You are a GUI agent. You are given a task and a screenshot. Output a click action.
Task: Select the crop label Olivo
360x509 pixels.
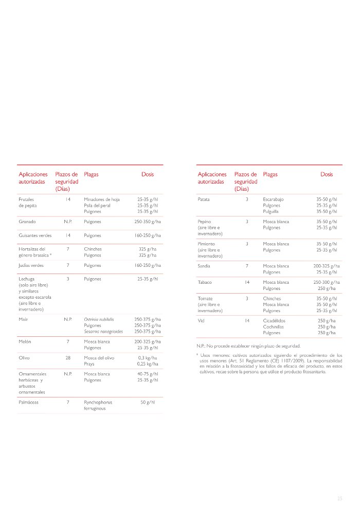24,357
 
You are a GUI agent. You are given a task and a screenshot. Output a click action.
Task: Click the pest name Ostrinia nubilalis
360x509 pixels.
99,319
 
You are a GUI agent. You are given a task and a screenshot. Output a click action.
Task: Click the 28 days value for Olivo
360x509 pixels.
67,357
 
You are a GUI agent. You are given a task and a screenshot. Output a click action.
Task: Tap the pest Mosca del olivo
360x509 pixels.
99,357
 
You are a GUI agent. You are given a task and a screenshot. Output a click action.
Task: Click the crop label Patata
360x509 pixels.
204,199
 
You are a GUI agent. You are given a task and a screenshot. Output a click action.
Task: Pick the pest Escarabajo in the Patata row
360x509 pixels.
273,199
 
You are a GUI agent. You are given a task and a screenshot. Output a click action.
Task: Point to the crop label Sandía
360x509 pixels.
204,266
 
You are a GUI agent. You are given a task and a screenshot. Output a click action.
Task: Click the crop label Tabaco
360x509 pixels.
205,282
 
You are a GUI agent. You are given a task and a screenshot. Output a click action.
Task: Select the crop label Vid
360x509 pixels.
201,320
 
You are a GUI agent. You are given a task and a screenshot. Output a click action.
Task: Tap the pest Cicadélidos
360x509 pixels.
274,320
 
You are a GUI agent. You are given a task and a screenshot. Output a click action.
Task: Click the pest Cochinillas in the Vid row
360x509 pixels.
274,326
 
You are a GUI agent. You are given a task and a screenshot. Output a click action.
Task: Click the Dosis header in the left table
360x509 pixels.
148,174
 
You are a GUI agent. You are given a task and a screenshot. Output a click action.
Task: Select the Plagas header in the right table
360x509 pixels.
270,174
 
